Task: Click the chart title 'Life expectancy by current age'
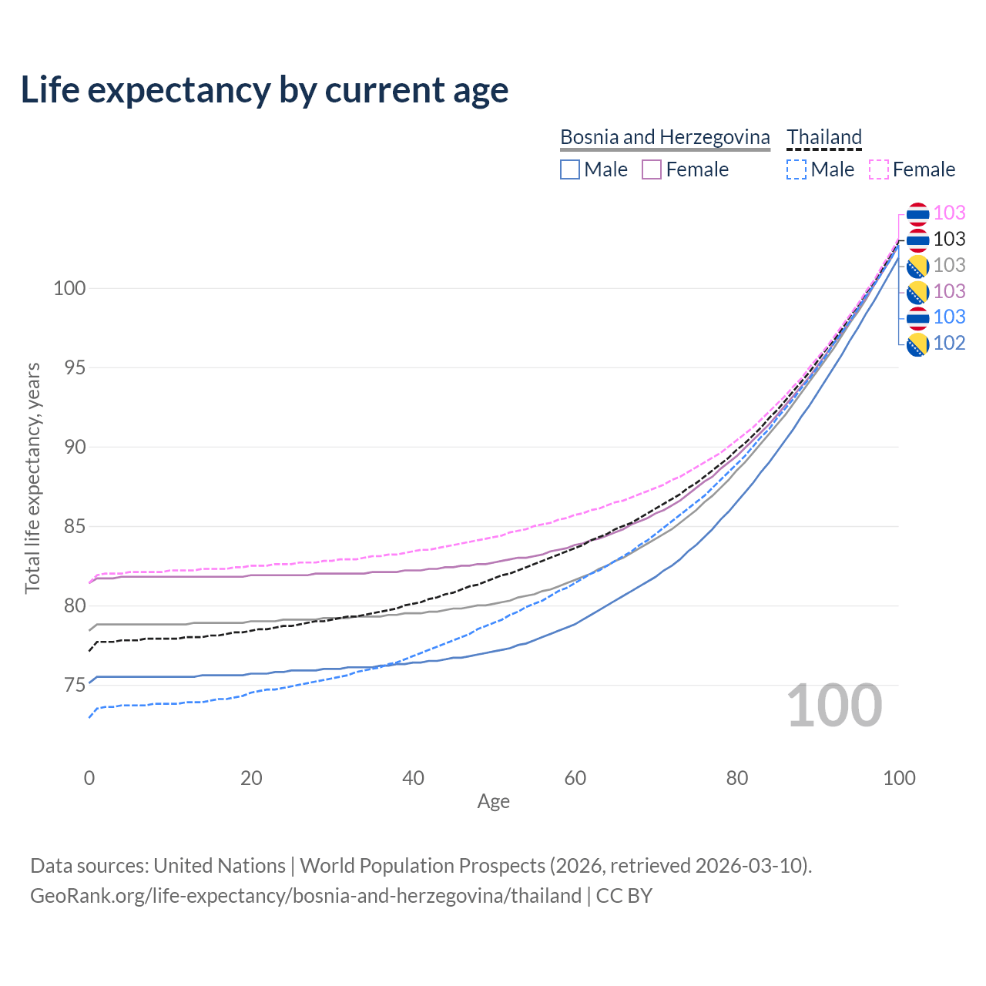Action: tap(264, 90)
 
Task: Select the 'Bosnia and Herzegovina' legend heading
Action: tap(665, 137)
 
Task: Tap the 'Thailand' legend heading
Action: tap(824, 137)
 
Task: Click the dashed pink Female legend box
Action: tap(879, 169)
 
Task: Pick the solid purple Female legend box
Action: tap(652, 169)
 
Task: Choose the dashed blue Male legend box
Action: tap(797, 169)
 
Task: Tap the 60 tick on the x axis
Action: tap(575, 778)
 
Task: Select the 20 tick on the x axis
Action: tap(251, 778)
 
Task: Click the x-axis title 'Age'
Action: tap(493, 802)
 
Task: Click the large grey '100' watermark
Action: tap(834, 706)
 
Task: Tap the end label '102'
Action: tap(949, 344)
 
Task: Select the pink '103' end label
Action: tap(949, 213)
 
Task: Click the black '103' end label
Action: tap(949, 239)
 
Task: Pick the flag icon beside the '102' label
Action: tap(917, 344)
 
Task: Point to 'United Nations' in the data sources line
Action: tap(220, 866)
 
